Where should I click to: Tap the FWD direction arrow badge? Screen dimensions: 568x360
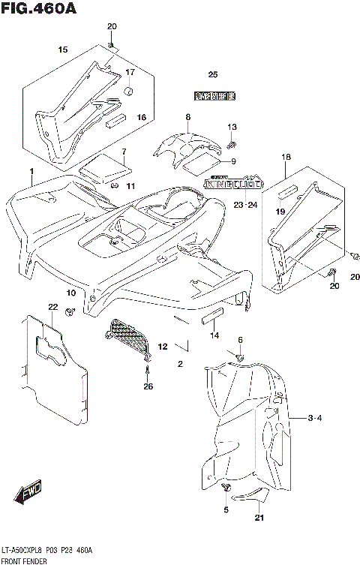click(x=29, y=491)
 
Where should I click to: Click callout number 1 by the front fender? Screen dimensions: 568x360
click(x=31, y=172)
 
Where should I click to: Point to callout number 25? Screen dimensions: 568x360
click(x=212, y=74)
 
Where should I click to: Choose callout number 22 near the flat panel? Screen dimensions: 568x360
click(x=52, y=307)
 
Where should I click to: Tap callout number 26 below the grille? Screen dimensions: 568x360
click(x=148, y=387)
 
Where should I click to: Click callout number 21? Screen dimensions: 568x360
click(x=259, y=518)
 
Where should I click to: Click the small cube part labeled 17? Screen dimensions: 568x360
click(x=128, y=92)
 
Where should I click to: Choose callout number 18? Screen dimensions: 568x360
click(x=286, y=157)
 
